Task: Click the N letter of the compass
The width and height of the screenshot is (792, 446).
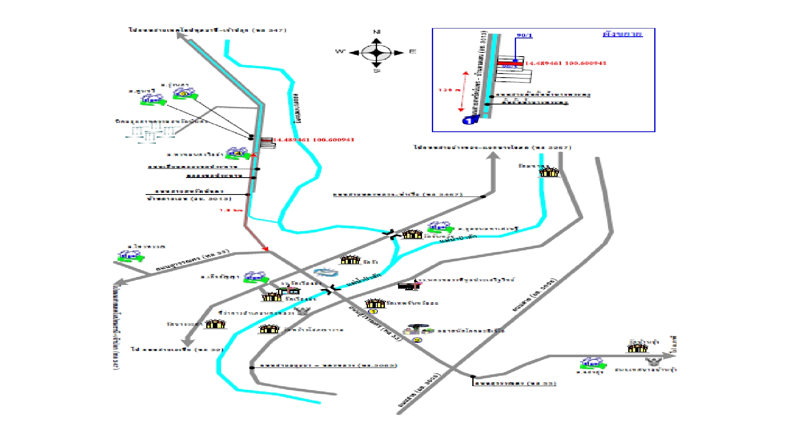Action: point(376,32)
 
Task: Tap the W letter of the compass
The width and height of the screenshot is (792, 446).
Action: point(340,52)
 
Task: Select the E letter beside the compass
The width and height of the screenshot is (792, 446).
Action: point(412,52)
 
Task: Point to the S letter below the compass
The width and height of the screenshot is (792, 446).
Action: point(376,71)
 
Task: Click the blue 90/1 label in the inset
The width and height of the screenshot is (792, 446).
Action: point(524,36)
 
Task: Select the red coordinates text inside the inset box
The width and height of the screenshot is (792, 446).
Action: point(565,63)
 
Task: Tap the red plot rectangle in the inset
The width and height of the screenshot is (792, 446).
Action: point(510,64)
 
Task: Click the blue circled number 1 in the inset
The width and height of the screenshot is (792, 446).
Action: point(469,121)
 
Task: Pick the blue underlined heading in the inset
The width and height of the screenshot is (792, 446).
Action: point(622,34)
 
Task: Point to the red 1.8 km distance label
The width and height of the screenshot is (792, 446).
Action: point(231,210)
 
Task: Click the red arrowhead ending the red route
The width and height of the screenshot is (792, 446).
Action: point(266,249)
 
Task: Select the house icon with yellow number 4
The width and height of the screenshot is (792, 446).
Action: point(237,153)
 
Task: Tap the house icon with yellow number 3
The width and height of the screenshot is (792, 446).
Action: point(184,94)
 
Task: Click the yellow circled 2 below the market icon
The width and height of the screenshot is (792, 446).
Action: point(417,340)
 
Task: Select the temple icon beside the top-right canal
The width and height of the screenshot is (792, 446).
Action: point(549,172)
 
